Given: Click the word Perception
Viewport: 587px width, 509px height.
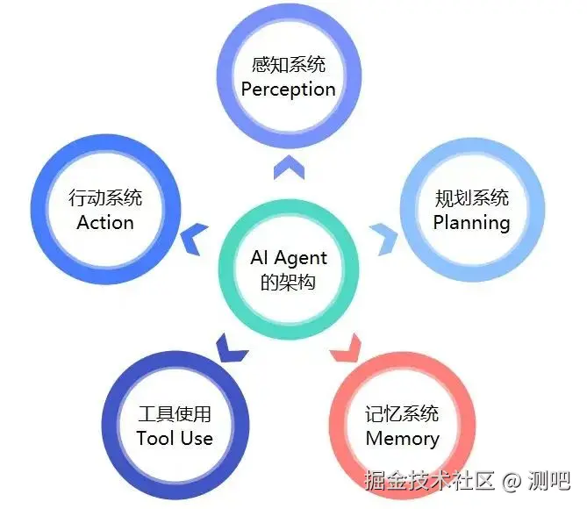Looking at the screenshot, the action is tap(288, 90).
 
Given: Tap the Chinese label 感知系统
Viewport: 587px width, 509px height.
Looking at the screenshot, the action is tap(288, 65).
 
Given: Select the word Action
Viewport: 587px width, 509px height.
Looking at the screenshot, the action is tap(104, 222).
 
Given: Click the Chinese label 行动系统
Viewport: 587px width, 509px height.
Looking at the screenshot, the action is tap(105, 197).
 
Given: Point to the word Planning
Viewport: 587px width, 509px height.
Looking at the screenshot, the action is tap(472, 222).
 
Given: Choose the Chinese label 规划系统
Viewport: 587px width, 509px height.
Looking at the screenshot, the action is tap(472, 197).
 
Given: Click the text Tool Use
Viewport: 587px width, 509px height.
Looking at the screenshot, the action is tap(175, 438).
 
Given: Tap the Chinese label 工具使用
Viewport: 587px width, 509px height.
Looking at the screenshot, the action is tap(175, 413).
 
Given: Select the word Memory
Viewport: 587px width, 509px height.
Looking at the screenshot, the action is tap(403, 438).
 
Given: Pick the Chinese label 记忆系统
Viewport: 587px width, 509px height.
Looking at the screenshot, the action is tap(403, 413).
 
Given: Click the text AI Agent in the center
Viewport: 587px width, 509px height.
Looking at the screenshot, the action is tap(289, 257).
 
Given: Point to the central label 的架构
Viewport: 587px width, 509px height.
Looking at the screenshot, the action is tap(289, 283).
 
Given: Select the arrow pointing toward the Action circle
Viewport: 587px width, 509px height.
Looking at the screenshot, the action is tap(195, 234).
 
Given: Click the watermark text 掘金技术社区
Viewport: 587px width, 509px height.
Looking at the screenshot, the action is tap(430, 480).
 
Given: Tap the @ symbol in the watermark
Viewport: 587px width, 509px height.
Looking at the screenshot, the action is tap(512, 481).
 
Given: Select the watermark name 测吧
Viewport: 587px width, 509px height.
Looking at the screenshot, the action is tap(551, 480).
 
